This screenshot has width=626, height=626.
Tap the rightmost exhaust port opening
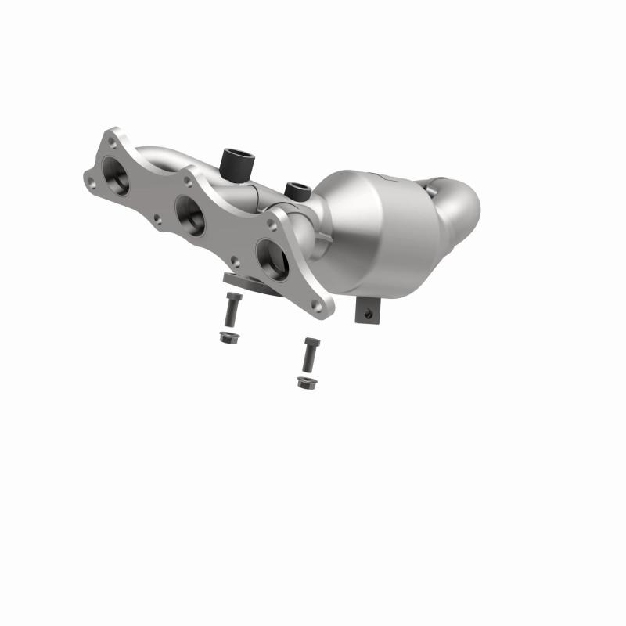(x=272, y=257)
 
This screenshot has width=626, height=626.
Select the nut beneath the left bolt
(x=228, y=337)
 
